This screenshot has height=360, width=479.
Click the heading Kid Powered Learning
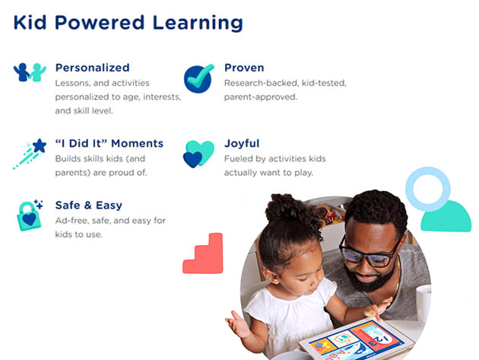coord(128,23)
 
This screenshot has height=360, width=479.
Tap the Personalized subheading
coord(92,68)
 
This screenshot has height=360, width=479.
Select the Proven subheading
coord(244,68)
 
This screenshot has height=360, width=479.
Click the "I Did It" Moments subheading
coord(109,143)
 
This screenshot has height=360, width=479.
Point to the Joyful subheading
coord(242,143)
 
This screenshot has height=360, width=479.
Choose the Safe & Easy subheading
coord(89,205)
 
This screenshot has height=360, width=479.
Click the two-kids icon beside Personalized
coord(30,72)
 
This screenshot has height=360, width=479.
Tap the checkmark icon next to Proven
coord(198,78)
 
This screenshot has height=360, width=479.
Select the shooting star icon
coord(30,154)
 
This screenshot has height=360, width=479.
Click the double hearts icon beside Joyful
coord(198,154)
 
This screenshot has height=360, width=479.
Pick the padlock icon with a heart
coord(30,215)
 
